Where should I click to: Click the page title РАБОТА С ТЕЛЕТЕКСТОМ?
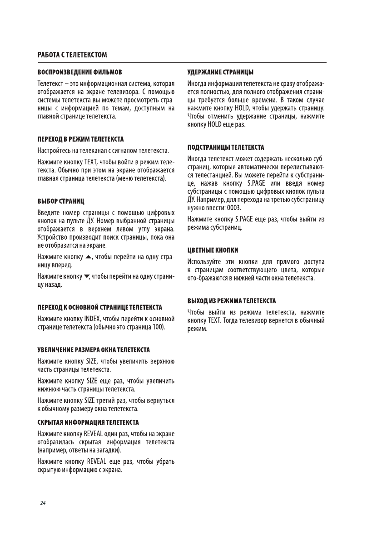pyautogui.click(x=72, y=55)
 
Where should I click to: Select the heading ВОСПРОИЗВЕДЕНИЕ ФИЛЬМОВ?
pyautogui.click(x=79, y=72)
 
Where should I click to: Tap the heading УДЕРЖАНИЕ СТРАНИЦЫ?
pyautogui.click(x=221, y=72)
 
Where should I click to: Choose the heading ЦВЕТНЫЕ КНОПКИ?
pyautogui.click(x=213, y=250)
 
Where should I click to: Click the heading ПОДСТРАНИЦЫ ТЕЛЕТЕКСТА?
pyautogui.click(x=226, y=147)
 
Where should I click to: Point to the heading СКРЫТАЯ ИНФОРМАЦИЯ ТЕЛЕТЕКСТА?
pyautogui.click(x=88, y=422)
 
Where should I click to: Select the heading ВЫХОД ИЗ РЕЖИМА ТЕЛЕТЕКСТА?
pyautogui.click(x=232, y=301)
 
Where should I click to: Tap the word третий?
pyautogui.click(x=107, y=400)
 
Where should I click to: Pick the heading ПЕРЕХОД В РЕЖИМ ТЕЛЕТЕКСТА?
pyautogui.click(x=80, y=138)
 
